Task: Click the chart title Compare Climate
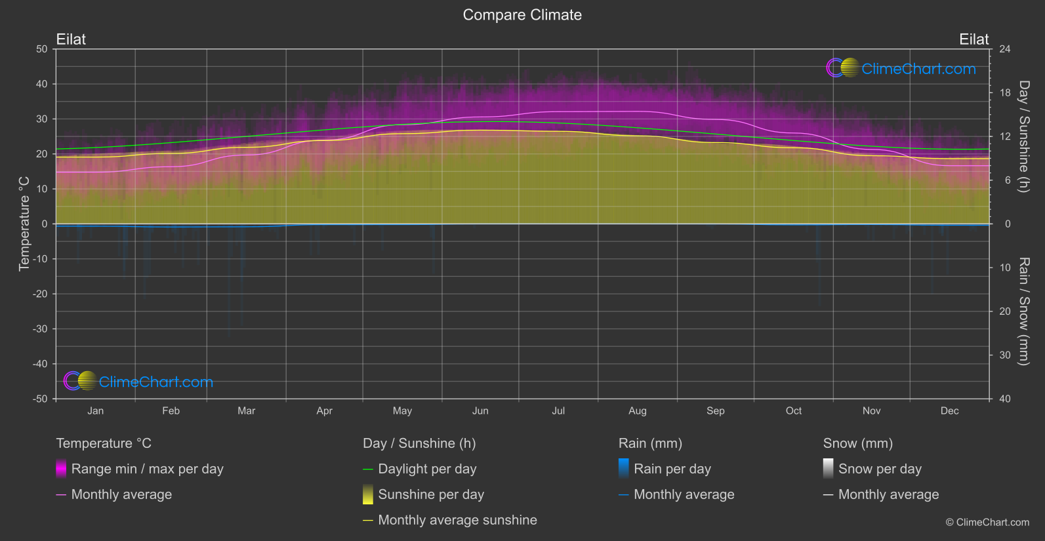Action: click(522, 15)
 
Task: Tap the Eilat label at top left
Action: click(71, 39)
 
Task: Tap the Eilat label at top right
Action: click(973, 39)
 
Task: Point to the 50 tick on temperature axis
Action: click(42, 49)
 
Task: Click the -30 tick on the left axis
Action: click(40, 329)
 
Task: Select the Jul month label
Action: click(558, 411)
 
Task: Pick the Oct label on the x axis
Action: click(793, 411)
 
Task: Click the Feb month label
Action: click(171, 411)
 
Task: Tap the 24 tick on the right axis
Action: click(1004, 49)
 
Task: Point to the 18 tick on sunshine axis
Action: click(1004, 93)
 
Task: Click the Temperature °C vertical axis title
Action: click(24, 224)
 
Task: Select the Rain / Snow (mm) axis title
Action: click(1023, 311)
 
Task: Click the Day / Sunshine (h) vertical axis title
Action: click(1023, 136)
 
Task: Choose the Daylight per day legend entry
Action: click(427, 469)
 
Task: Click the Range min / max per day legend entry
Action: click(147, 469)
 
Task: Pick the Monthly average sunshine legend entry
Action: click(457, 520)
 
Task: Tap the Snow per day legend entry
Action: click(880, 469)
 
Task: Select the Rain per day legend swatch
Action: click(624, 469)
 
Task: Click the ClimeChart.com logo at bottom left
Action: click(138, 382)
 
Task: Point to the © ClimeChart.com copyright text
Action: click(987, 523)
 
